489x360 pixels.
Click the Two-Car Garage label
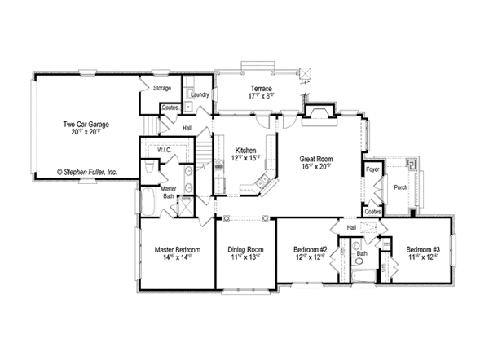(x=87, y=125)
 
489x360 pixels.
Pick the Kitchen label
(x=246, y=151)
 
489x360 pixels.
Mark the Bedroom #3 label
(x=423, y=249)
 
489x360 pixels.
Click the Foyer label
(x=373, y=170)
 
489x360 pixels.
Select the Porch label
(x=400, y=187)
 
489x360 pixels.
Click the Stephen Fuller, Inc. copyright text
(x=87, y=172)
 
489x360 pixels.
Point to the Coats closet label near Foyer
(x=373, y=210)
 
